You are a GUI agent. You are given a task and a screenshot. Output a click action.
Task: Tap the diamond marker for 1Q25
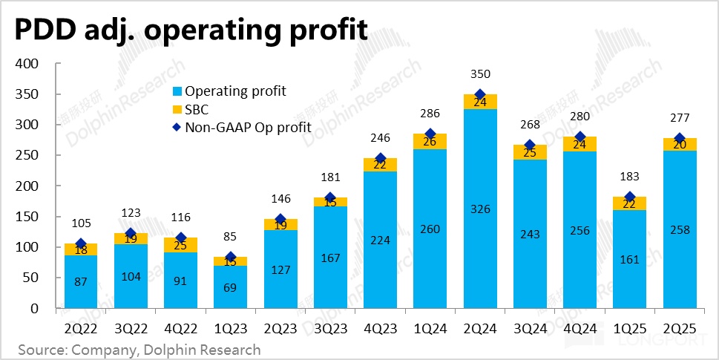click(630, 197)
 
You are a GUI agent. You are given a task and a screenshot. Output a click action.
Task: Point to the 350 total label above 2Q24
click(481, 74)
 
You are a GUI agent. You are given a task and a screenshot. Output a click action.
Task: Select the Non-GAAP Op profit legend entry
click(248, 128)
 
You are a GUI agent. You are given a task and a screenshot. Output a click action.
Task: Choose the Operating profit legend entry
click(235, 91)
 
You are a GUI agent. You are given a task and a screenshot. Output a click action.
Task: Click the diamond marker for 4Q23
click(381, 158)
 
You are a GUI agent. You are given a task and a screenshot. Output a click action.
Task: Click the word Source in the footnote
click(42, 349)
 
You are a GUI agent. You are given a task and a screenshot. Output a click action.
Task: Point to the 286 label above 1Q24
click(430, 114)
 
